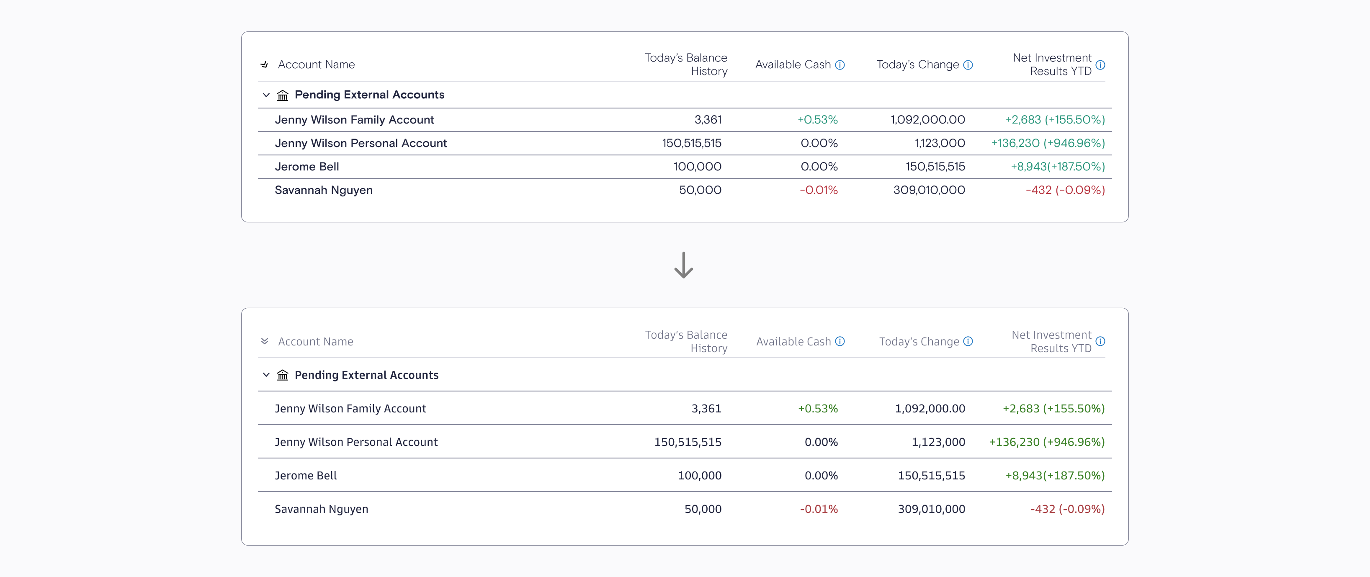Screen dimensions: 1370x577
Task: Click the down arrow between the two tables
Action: [683, 265]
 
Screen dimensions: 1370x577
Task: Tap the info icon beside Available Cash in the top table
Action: [840, 65]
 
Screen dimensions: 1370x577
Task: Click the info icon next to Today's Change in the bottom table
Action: [968, 341]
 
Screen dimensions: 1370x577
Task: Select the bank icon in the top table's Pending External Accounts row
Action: [282, 95]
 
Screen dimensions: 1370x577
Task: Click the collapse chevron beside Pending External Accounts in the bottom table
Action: [266, 375]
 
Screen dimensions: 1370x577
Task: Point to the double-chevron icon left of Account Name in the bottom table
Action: [264, 341]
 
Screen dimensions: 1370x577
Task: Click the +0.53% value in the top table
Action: [817, 120]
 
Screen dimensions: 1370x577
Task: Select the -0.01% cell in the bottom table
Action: [819, 509]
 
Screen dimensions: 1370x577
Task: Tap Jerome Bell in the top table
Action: [307, 167]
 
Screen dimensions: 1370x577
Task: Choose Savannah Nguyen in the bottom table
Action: [321, 509]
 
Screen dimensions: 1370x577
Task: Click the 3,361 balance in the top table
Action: [708, 120]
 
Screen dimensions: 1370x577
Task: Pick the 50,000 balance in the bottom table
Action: [703, 509]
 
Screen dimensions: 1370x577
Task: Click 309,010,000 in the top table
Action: [929, 190]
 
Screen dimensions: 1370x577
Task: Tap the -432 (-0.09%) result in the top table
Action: [1065, 190]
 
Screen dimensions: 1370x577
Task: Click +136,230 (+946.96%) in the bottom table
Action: [1047, 442]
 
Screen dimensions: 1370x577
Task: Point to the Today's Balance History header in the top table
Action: [686, 64]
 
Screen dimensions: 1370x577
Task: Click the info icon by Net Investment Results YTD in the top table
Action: [1100, 65]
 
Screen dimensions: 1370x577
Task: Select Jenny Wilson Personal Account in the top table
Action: [361, 143]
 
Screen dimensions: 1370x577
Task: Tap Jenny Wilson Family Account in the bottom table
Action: [350, 408]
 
